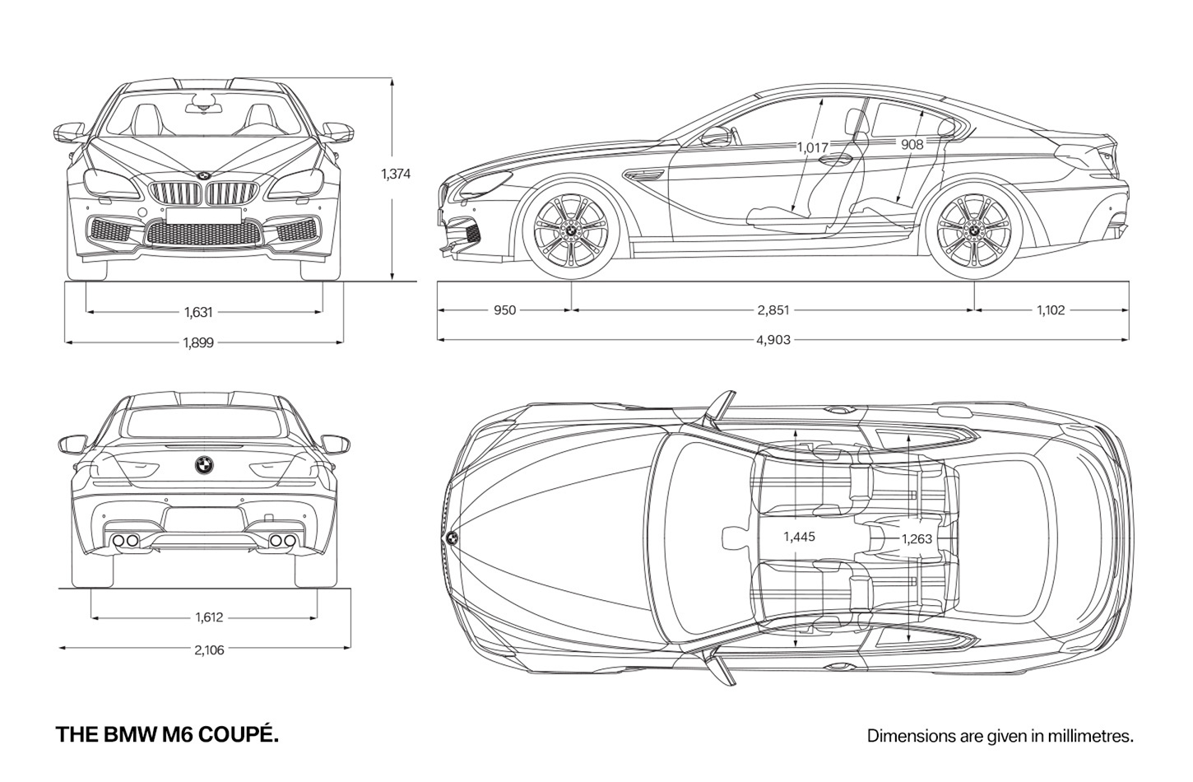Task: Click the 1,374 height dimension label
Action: tap(396, 175)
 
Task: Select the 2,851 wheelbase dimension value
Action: tap(773, 310)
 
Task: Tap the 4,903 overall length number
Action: tap(773, 340)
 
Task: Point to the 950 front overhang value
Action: tap(505, 310)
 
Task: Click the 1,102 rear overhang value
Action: tap(1051, 310)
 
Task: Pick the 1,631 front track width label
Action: tap(198, 312)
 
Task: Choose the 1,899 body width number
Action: tap(198, 342)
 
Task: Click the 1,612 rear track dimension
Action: tap(209, 617)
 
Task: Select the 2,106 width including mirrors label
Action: tap(209, 650)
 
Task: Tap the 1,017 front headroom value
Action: tap(813, 147)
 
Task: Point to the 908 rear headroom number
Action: tap(912, 144)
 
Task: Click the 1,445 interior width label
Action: tap(800, 537)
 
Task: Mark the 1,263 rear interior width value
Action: tap(917, 539)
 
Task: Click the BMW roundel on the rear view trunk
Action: tap(204, 464)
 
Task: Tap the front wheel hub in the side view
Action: tap(570, 230)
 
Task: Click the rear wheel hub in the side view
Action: tap(973, 230)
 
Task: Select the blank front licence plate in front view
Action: tap(203, 216)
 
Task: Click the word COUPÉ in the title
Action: tap(239, 734)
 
